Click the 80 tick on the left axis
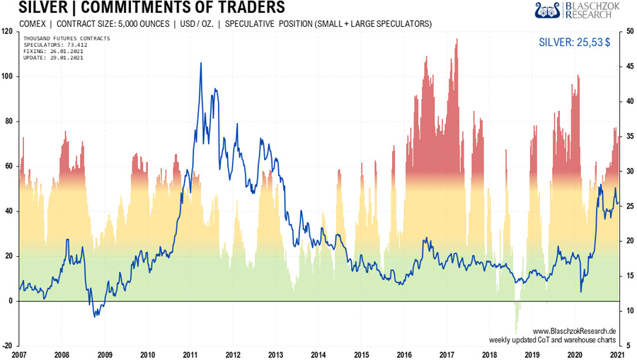point(8,121)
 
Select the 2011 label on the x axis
point(190,354)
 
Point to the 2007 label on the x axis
point(19,354)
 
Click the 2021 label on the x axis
point(617,354)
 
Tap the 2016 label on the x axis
point(404,354)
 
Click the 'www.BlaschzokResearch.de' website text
point(574,331)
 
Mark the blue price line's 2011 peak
point(201,63)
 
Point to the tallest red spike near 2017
point(457,39)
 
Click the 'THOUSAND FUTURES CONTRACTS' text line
point(66,37)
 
